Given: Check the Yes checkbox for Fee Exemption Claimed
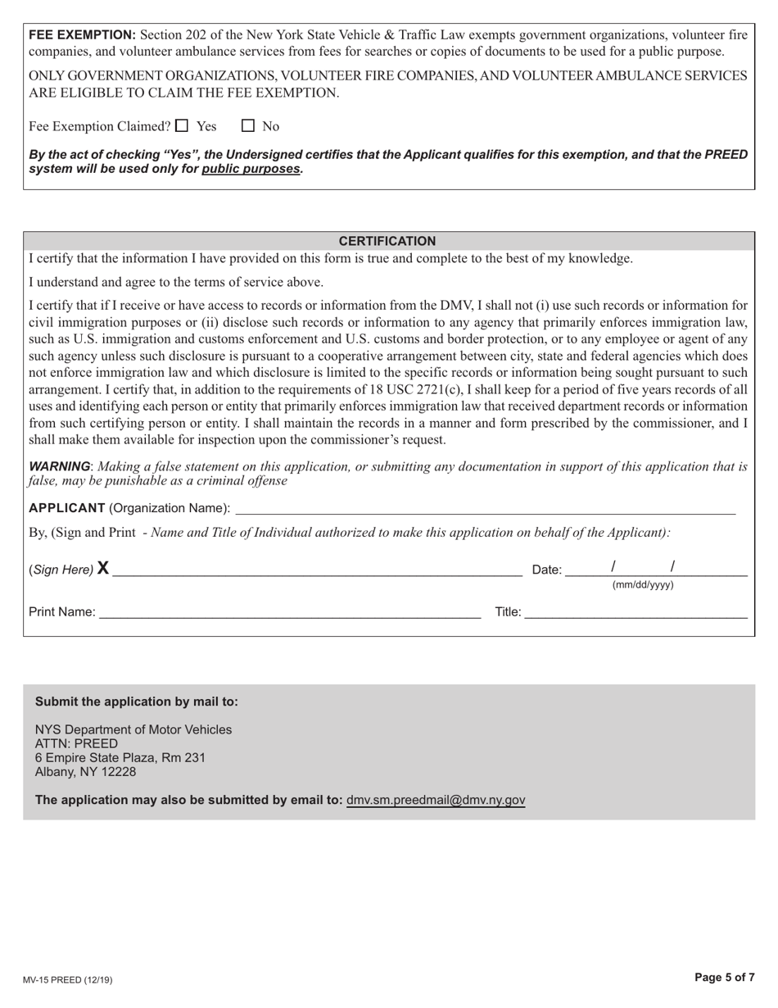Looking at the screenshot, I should [x=182, y=126].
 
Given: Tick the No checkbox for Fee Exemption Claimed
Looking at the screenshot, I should [x=248, y=126].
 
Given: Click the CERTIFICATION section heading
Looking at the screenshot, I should [x=387, y=241].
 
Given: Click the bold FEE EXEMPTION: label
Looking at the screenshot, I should [x=83, y=35].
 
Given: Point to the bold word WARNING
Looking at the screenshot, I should [x=59, y=466].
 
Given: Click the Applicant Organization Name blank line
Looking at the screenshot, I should [x=485, y=508].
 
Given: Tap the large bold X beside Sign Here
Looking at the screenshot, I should [x=103, y=569].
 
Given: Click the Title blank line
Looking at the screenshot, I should [x=636, y=612].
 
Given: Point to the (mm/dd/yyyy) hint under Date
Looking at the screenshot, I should [x=643, y=585].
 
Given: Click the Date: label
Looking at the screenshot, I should [x=547, y=570].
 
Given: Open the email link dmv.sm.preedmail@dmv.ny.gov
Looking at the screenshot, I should [x=436, y=800].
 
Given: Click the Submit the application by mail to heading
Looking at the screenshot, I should [x=137, y=702].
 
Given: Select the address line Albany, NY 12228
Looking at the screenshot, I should [x=85, y=772].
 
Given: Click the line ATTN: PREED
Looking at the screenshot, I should [x=76, y=744].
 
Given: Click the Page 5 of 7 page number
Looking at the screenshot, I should [x=724, y=977].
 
